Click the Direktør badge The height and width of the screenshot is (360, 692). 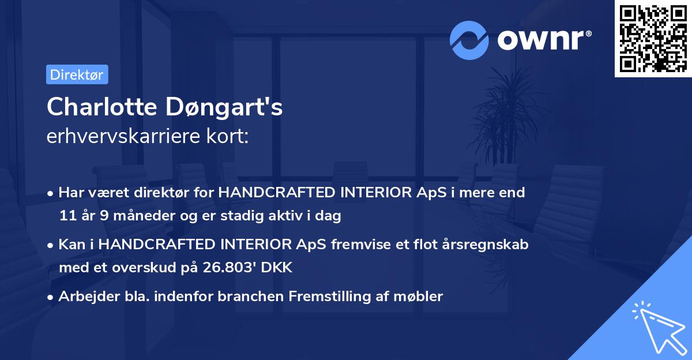point(77,74)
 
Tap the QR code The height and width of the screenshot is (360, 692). point(653,38)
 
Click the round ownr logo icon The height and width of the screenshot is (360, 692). point(469,40)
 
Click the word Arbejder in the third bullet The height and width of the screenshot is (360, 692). point(84,297)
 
